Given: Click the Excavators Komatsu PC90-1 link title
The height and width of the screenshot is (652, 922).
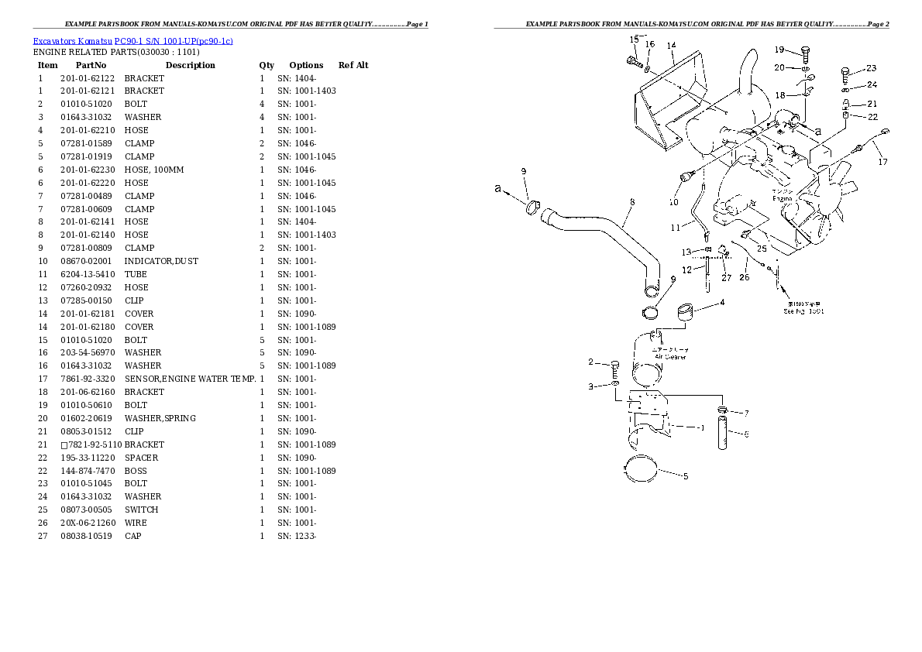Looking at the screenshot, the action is pyautogui.click(x=132, y=40).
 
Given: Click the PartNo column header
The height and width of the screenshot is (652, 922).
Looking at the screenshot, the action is pyautogui.click(x=91, y=65).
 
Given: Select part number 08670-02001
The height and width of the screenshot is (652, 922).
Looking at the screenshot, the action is pyautogui.click(x=87, y=261).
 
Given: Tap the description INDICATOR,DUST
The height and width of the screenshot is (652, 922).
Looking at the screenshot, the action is pyautogui.click(x=161, y=261).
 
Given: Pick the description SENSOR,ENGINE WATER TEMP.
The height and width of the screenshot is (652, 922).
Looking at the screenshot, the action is pyautogui.click(x=190, y=379).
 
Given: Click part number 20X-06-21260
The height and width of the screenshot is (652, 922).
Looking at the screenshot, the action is pyautogui.click(x=87, y=523).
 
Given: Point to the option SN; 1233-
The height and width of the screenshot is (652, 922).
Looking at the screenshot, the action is pyautogui.click(x=297, y=536).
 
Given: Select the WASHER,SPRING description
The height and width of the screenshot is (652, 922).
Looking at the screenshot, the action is pyautogui.click(x=160, y=418).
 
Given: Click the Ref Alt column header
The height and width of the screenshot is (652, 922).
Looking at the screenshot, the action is pyautogui.click(x=353, y=65).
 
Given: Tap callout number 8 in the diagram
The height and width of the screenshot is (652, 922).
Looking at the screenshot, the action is pyautogui.click(x=632, y=203).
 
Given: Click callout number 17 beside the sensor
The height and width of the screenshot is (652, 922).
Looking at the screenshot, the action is pyautogui.click(x=882, y=162).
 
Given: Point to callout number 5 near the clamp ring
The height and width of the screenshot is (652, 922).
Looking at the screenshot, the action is pyautogui.click(x=685, y=477).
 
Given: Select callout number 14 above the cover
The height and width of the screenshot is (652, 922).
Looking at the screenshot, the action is pyautogui.click(x=670, y=46).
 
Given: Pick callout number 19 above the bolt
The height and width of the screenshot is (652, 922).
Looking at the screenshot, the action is pyautogui.click(x=780, y=50).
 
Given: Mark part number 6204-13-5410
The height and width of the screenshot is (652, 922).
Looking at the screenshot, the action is pyautogui.click(x=87, y=274).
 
